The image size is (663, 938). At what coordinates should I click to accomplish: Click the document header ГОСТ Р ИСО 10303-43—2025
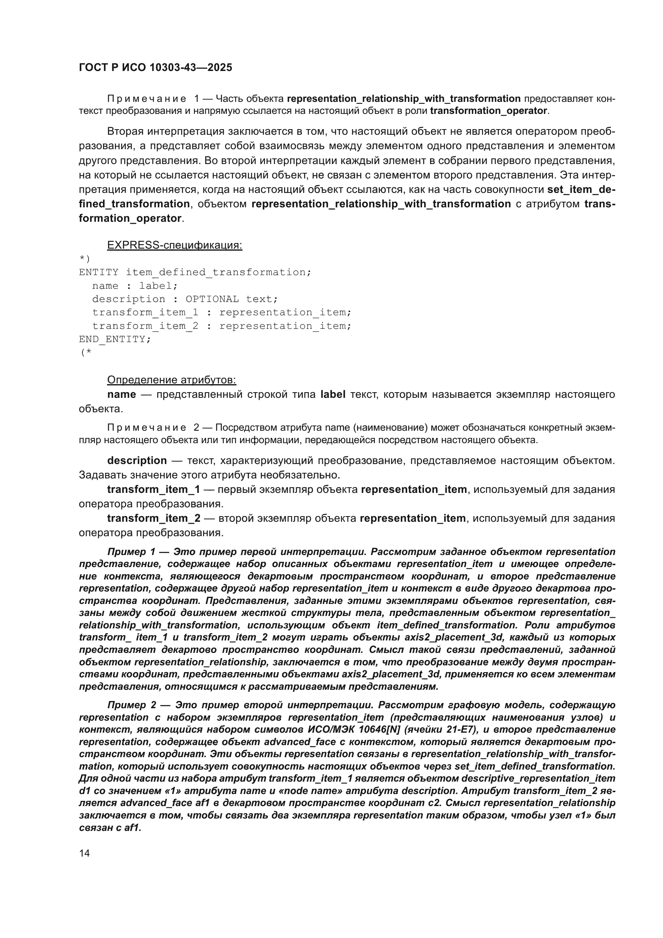tap(155, 68)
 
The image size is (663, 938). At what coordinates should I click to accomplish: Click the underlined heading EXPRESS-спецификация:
tap(174, 245)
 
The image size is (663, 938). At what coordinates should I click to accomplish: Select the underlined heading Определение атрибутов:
tap(172, 380)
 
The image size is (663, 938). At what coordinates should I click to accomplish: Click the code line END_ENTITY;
tap(115, 339)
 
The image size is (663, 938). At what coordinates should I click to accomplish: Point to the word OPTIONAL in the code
tap(212, 299)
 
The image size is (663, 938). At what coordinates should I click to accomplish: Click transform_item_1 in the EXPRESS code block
tap(145, 312)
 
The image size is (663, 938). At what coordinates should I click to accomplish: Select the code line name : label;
tap(135, 286)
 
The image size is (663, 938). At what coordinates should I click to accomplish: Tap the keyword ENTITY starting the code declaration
tap(98, 272)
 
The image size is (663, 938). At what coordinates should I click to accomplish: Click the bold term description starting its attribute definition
tap(137, 460)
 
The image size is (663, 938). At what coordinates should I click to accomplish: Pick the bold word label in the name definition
tap(333, 394)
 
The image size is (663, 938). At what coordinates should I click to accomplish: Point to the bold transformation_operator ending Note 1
tap(488, 111)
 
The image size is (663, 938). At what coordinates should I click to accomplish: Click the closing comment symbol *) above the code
tap(84, 259)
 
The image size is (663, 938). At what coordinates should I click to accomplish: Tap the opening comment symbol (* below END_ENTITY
tap(86, 353)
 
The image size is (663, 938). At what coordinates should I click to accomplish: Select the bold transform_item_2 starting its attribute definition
tap(154, 518)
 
